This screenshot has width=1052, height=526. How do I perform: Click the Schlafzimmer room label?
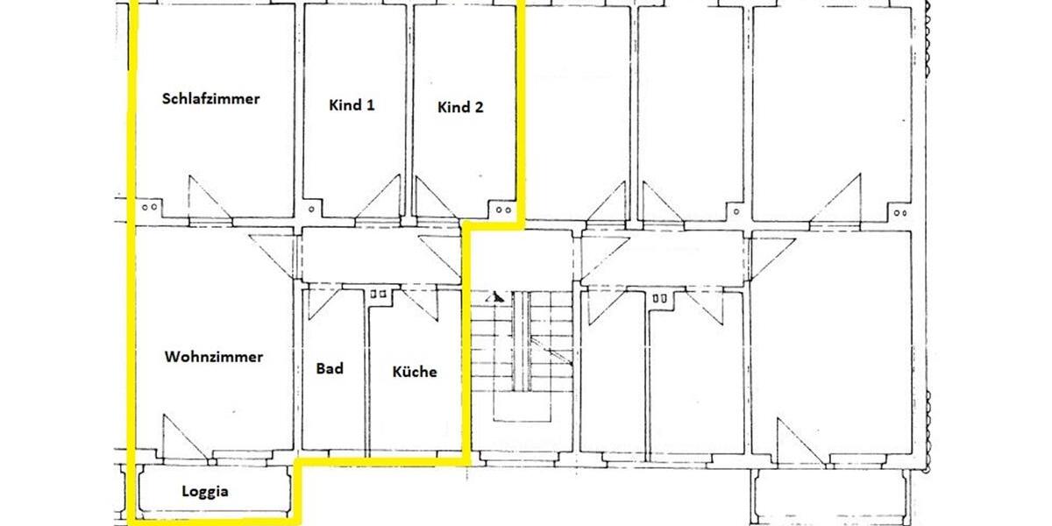coord(210,99)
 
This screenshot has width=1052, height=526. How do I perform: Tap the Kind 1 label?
coord(352,106)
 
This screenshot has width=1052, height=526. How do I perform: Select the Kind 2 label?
coord(460,108)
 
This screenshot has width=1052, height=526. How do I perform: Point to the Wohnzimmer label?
coord(214,358)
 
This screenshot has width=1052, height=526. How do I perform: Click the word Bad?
coord(330,369)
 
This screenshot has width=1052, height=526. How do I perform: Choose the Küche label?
coord(415,372)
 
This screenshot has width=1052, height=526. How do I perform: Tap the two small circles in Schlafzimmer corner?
coord(149,208)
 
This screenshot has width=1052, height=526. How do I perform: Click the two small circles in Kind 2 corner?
coord(502,210)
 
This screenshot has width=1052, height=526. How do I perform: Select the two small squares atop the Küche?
coord(379,295)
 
